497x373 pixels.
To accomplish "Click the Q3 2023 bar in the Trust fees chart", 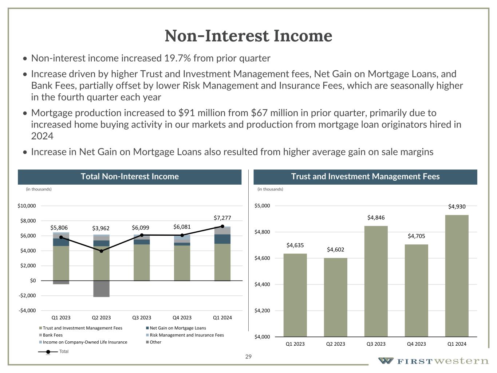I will coord(376,281).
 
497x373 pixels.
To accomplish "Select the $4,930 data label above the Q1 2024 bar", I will coord(457,207).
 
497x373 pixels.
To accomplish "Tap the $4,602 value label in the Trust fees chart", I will coord(335,250).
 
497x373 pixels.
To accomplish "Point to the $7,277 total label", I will coord(222,218).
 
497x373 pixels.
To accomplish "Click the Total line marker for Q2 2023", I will coord(101,251).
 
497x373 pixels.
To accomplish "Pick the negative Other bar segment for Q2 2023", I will coord(101,288).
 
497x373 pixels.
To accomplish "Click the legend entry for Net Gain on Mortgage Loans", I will coord(178,328).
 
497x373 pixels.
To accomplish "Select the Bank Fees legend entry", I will coord(52,335).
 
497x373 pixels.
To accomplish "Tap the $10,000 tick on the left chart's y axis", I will coord(27,206).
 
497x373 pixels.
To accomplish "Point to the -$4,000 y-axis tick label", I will coord(27,310).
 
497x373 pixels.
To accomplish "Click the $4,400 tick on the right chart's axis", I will coord(262,284).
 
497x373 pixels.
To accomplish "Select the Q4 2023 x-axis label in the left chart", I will coord(182,318).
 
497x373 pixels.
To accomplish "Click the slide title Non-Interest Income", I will coord(248,36).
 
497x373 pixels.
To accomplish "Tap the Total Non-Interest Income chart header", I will coord(130,177).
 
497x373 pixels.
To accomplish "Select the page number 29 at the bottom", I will coord(248,357).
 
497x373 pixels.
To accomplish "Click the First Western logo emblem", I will coord(386,361).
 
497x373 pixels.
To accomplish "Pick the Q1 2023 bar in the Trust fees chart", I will coord(295,295).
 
